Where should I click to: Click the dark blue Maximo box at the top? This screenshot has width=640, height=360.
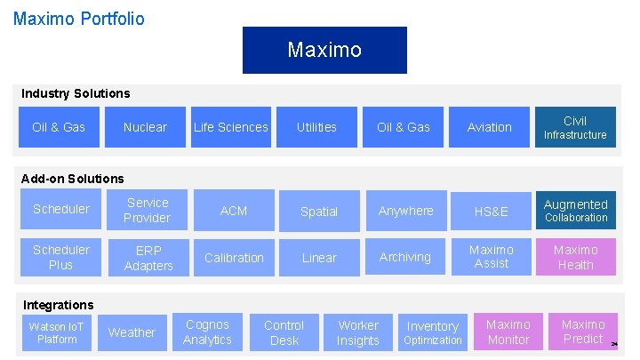click(324, 50)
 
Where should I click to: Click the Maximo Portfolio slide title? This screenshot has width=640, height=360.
click(79, 18)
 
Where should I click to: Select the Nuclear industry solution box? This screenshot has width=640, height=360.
click(145, 127)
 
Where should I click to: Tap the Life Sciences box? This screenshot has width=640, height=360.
click(231, 127)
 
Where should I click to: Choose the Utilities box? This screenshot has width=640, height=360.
click(316, 127)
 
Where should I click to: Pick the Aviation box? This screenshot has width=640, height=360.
click(490, 127)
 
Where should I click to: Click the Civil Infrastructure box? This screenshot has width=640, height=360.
click(575, 127)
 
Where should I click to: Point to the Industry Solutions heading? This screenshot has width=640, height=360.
click(76, 93)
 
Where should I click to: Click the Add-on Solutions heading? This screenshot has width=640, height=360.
click(72, 179)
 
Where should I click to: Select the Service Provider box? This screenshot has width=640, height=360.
click(147, 210)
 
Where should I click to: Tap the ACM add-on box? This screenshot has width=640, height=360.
click(234, 211)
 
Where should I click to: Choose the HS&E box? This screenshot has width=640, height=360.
click(492, 212)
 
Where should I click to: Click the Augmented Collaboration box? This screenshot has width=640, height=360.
click(575, 210)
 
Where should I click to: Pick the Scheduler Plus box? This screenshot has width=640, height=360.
click(60, 257)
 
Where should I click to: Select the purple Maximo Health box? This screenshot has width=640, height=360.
click(575, 257)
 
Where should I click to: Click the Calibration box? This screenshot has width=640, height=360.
click(234, 258)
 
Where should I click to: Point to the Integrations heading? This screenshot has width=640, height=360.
click(58, 305)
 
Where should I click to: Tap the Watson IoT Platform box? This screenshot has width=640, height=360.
click(57, 332)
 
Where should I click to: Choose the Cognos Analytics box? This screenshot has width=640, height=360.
click(207, 332)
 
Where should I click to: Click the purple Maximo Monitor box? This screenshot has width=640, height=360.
click(508, 332)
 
